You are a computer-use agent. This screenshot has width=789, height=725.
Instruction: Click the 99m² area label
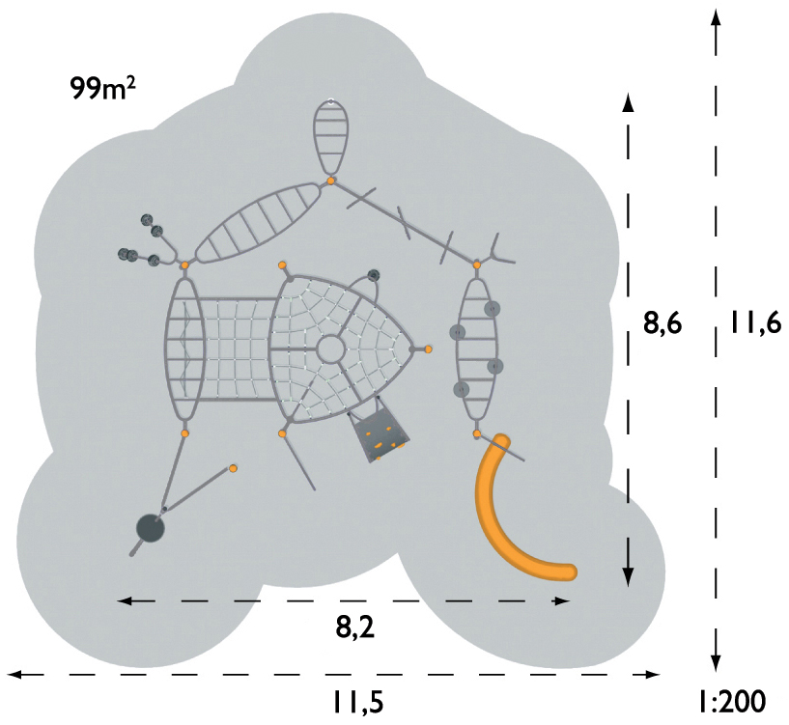[x=102, y=88]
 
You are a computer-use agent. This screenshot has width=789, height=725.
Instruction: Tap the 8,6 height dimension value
[x=662, y=324]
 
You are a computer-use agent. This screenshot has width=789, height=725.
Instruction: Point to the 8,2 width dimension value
[x=355, y=627]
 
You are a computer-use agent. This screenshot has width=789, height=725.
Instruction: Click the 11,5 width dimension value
[x=357, y=701]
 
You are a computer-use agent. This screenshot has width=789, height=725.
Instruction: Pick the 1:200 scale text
[x=732, y=701]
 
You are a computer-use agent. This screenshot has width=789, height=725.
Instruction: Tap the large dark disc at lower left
[x=151, y=528]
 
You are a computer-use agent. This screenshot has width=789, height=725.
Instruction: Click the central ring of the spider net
[x=330, y=349]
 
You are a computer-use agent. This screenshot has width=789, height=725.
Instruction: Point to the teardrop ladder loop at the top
[x=330, y=137]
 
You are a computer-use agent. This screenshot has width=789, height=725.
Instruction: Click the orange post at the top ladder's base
[x=330, y=181]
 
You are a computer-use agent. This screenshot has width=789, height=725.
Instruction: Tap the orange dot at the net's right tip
[x=428, y=349]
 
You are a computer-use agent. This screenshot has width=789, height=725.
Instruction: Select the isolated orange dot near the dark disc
[x=233, y=468]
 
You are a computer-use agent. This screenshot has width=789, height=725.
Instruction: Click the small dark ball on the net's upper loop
[x=374, y=275]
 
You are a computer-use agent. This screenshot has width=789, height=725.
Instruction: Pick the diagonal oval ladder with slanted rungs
[x=258, y=223]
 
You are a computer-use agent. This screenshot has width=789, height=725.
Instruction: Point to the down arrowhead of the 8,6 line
[x=628, y=576]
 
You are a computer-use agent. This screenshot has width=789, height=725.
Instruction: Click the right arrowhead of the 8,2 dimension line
[x=562, y=600]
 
